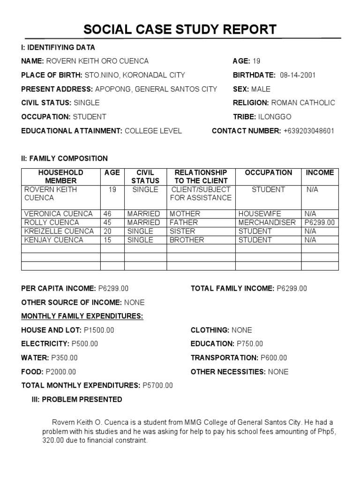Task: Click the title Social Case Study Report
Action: (180, 30)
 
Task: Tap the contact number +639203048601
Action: (309, 131)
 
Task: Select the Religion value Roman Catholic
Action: (303, 103)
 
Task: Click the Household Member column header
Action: (61, 176)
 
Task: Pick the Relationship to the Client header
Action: (201, 176)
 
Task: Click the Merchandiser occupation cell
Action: (267, 222)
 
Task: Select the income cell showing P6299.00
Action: (320, 222)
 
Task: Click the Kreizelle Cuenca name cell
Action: (59, 231)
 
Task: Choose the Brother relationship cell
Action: (187, 240)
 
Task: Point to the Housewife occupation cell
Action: (260, 214)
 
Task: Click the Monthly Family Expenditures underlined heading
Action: (82, 316)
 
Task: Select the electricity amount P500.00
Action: (85, 344)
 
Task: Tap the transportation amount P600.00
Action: (274, 358)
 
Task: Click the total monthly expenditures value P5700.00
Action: (157, 386)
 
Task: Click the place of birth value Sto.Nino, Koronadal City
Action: (135, 75)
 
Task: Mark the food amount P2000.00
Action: (60, 372)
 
